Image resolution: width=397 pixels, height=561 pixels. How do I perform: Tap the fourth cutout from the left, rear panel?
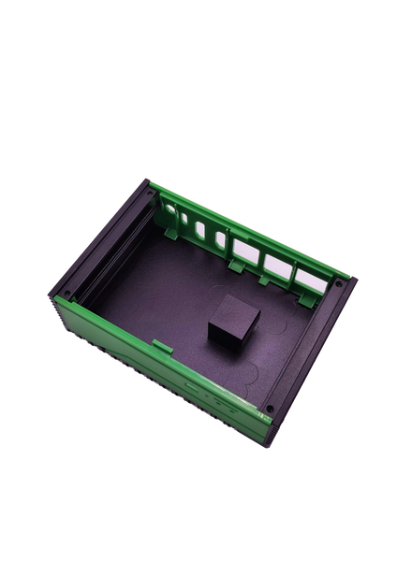pos(220,239)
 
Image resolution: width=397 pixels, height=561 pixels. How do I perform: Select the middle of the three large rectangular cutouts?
pos(278,265)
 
